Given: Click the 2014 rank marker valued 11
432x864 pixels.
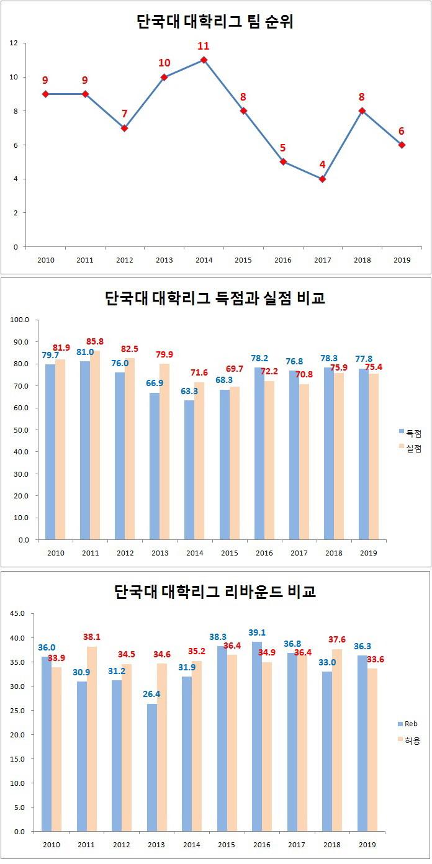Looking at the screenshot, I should click(x=204, y=60).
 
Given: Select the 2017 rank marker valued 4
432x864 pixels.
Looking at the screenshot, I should click(x=322, y=179).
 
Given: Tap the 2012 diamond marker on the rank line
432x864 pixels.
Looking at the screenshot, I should click(x=124, y=128).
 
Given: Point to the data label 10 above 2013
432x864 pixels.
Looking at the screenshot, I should click(x=164, y=63).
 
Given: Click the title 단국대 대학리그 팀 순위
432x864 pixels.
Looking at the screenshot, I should click(x=215, y=22).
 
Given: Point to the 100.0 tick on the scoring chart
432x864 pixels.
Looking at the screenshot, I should click(x=20, y=320).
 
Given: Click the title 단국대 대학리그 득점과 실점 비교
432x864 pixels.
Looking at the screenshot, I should click(x=215, y=299).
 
